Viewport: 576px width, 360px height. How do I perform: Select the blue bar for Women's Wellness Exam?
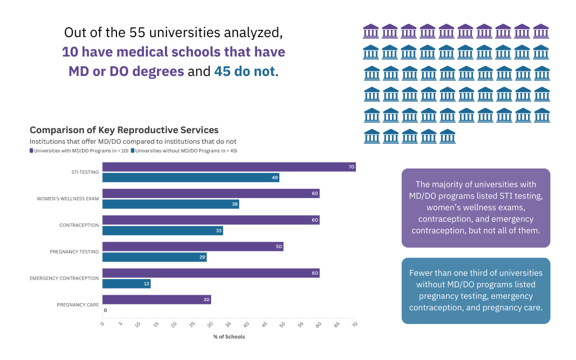pyautogui.click(x=170, y=204)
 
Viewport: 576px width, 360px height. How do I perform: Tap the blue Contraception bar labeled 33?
pyautogui.click(x=162, y=231)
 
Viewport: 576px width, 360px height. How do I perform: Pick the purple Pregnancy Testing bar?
pyautogui.click(x=192, y=246)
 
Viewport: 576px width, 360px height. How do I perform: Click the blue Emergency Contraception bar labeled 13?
pyautogui.click(x=126, y=283)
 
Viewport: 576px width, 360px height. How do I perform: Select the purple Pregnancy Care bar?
pyautogui.click(x=156, y=299)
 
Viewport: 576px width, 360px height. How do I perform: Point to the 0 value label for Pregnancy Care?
pyautogui.click(x=105, y=310)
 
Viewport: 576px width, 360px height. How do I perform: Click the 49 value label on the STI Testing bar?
pyautogui.click(x=274, y=178)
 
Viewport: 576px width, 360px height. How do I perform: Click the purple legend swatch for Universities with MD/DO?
pyautogui.click(x=31, y=151)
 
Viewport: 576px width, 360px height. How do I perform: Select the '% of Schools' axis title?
pyautogui.click(x=229, y=337)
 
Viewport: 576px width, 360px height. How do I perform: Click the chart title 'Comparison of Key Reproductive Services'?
pyautogui.click(x=124, y=130)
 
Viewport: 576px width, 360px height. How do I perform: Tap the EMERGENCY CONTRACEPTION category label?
pyautogui.click(x=64, y=278)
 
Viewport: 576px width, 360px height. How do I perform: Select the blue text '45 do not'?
pyautogui.click(x=245, y=71)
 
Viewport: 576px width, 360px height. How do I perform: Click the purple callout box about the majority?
pyautogui.click(x=475, y=208)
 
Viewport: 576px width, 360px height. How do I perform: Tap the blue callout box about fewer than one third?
pyautogui.click(x=475, y=290)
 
